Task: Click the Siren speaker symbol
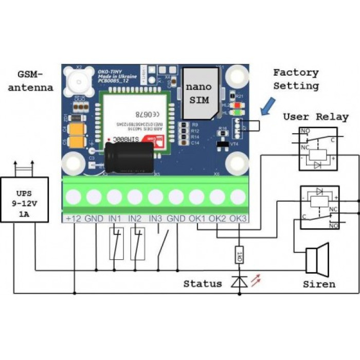(316, 260)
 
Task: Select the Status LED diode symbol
(239, 282)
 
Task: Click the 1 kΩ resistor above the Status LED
(239, 255)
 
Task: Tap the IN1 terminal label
(116, 218)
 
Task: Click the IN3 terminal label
(156, 218)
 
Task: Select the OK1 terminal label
(198, 218)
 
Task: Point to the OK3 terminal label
(238, 218)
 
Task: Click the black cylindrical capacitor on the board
(129, 154)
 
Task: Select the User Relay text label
(315, 117)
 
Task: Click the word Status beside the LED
(203, 283)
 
